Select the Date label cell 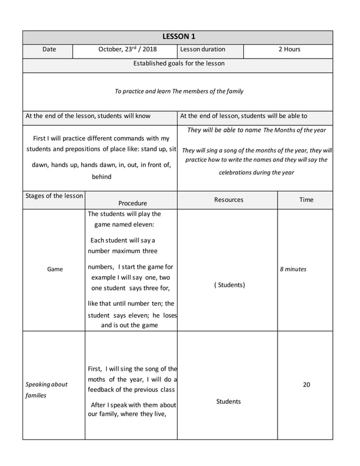pos(49,50)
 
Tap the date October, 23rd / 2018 pos(128,50)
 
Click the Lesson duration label pos(203,50)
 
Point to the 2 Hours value pos(289,50)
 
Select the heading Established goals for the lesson pos(178,63)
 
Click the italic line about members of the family pos(179,91)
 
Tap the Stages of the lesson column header pos(54,196)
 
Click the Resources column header pos(229,200)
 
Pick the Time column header pos(306,200)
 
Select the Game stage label pos(55,270)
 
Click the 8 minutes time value pos(293,270)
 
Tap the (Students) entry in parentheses pos(229,285)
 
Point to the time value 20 pos(306,385)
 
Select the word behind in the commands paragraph pos(102,177)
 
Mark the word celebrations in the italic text pos(237,173)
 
